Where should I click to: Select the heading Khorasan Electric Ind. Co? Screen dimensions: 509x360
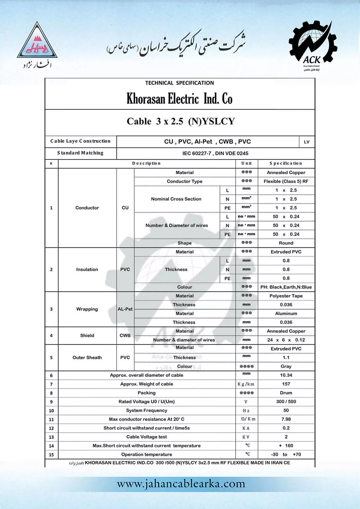(179, 99)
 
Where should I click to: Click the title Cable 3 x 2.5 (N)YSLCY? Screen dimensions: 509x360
(181, 121)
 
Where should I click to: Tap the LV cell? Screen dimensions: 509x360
(307, 142)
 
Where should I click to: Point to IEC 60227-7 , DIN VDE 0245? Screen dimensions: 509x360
(215, 153)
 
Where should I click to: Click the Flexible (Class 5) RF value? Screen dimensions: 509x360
(286, 181)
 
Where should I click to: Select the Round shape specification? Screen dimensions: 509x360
(286, 243)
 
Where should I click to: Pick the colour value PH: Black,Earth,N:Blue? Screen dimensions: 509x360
(286, 287)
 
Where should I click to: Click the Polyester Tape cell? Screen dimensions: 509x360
(286, 296)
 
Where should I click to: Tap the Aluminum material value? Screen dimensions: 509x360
(286, 314)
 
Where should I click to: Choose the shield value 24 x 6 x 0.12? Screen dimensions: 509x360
(286, 340)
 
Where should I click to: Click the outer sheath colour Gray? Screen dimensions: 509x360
(286, 366)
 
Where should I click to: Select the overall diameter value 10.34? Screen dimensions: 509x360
(286, 375)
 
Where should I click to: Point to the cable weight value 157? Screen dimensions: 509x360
(286, 384)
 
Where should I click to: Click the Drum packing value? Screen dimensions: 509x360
(286, 393)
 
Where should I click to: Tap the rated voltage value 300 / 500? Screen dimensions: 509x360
(286, 402)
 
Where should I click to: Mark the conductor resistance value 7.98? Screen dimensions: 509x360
(286, 419)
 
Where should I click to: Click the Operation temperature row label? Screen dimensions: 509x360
(147, 455)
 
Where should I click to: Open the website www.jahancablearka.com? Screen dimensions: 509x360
(181, 484)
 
